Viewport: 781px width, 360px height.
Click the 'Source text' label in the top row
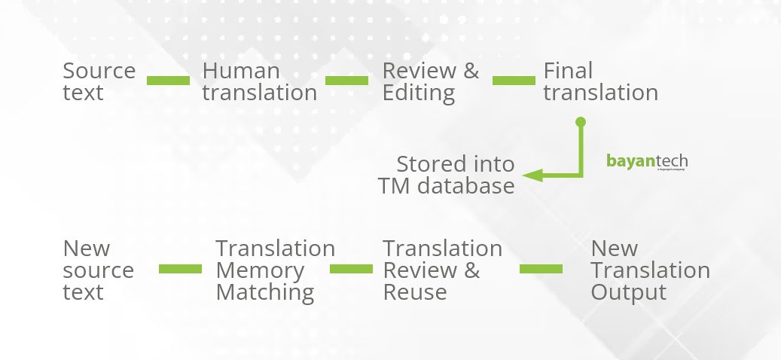99,81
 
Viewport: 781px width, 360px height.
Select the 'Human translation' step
259,81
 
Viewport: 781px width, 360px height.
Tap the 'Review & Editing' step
430,81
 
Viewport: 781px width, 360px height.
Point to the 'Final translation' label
600,81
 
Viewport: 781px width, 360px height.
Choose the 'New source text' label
98,270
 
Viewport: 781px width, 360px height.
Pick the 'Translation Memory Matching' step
275,270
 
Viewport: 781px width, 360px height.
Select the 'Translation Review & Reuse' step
442,270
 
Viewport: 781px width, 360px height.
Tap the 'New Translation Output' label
650,270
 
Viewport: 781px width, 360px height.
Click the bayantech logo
646,162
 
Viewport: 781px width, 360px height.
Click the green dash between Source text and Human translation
168,81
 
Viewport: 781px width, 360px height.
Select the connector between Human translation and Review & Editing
346,81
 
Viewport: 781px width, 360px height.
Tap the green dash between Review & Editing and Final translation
513,81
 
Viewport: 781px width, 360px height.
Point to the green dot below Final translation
580,121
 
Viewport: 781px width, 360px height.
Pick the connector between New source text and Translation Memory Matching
180,269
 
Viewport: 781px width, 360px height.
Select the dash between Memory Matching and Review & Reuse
351,269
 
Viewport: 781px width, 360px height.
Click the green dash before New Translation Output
541,269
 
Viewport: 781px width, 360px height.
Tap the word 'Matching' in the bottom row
264,292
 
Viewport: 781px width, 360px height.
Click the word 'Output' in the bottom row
628,292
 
